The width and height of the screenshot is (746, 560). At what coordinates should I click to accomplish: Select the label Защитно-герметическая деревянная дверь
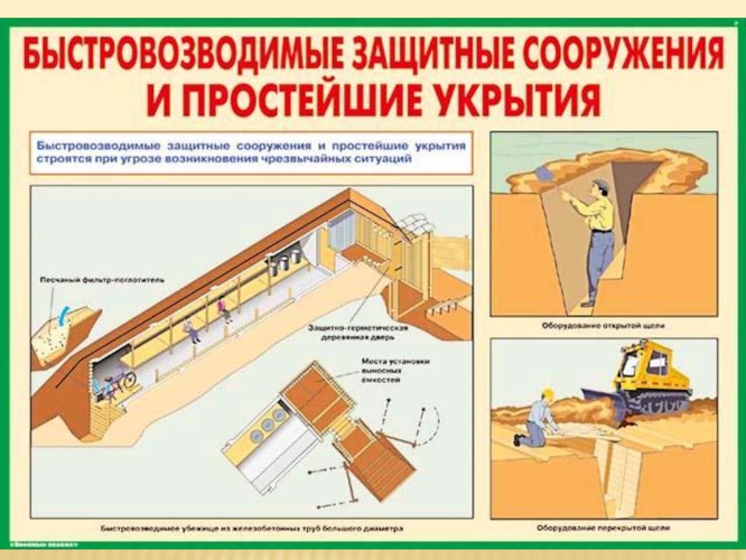point(357,333)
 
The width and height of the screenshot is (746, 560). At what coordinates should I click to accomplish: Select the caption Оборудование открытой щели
point(601,326)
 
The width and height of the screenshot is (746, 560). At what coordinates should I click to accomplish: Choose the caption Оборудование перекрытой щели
point(601,528)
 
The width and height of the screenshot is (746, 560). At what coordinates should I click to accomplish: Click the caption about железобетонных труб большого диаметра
point(252,528)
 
